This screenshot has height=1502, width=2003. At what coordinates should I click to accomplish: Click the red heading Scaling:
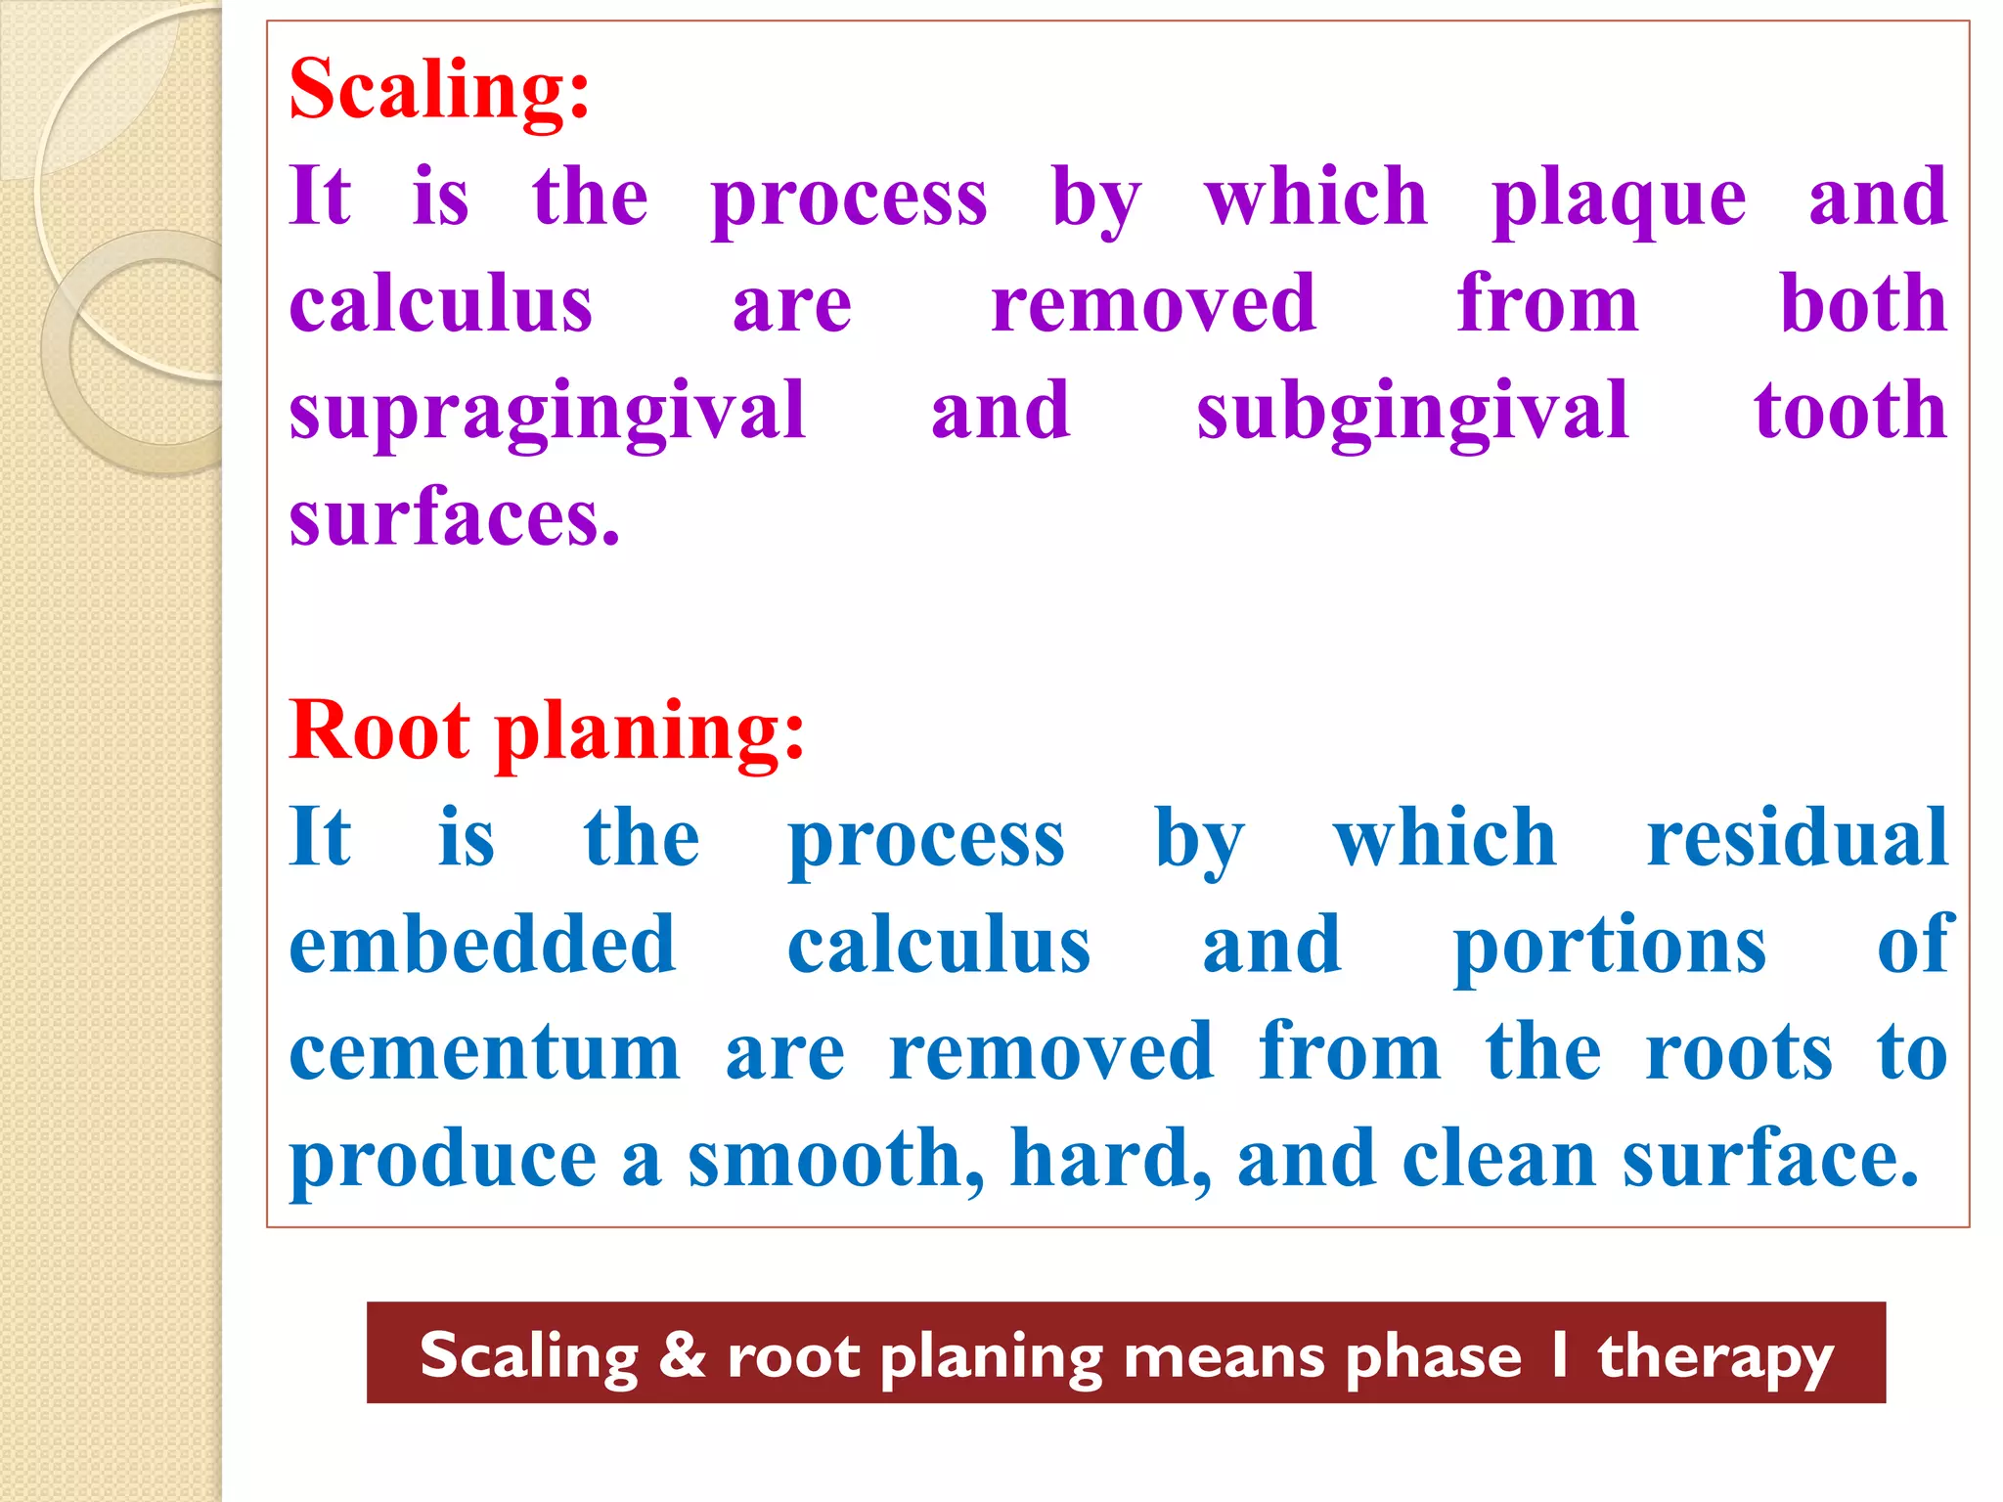click(439, 90)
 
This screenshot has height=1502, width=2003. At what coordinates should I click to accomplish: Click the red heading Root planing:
click(546, 731)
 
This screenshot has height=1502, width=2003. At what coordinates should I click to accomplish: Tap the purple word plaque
click(1619, 199)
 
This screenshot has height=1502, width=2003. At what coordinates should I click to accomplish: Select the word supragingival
click(547, 413)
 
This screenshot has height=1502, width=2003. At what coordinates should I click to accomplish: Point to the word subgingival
click(1412, 413)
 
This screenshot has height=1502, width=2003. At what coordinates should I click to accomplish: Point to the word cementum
click(484, 1052)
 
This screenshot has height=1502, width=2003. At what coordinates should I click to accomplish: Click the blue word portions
click(1610, 947)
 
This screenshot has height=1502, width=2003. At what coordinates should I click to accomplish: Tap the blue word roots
click(1739, 1052)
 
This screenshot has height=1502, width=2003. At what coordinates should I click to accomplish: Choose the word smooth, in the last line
click(836, 1159)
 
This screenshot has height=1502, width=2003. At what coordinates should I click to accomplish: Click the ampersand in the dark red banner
click(682, 1355)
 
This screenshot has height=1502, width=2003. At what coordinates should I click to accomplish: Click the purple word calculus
click(440, 306)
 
